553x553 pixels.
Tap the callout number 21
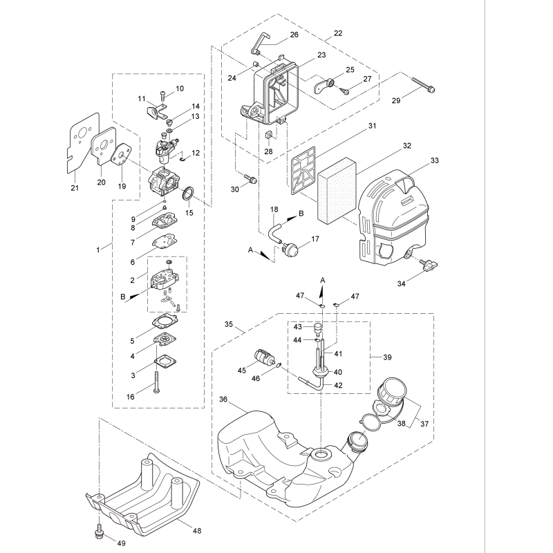pyautogui.click(x=75, y=187)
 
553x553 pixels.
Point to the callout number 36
pyautogui.click(x=223, y=400)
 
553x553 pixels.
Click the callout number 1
pyautogui.click(x=100, y=247)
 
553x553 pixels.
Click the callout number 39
pyautogui.click(x=386, y=357)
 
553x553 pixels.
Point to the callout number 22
pyautogui.click(x=337, y=33)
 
